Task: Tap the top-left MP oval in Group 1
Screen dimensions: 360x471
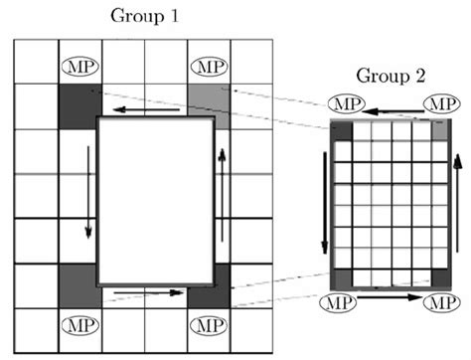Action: point(79,67)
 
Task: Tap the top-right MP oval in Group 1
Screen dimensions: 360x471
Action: point(208,67)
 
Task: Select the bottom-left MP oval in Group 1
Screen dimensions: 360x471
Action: point(79,323)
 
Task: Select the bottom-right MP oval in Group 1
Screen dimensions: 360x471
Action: point(208,323)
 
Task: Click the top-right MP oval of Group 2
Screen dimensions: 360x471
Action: point(438,103)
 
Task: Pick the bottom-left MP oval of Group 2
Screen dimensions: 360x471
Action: point(343,300)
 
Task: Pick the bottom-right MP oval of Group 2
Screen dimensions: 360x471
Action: point(439,300)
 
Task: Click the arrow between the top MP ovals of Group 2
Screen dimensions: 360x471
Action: point(392,103)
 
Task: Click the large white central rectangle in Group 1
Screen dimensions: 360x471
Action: point(156,200)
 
